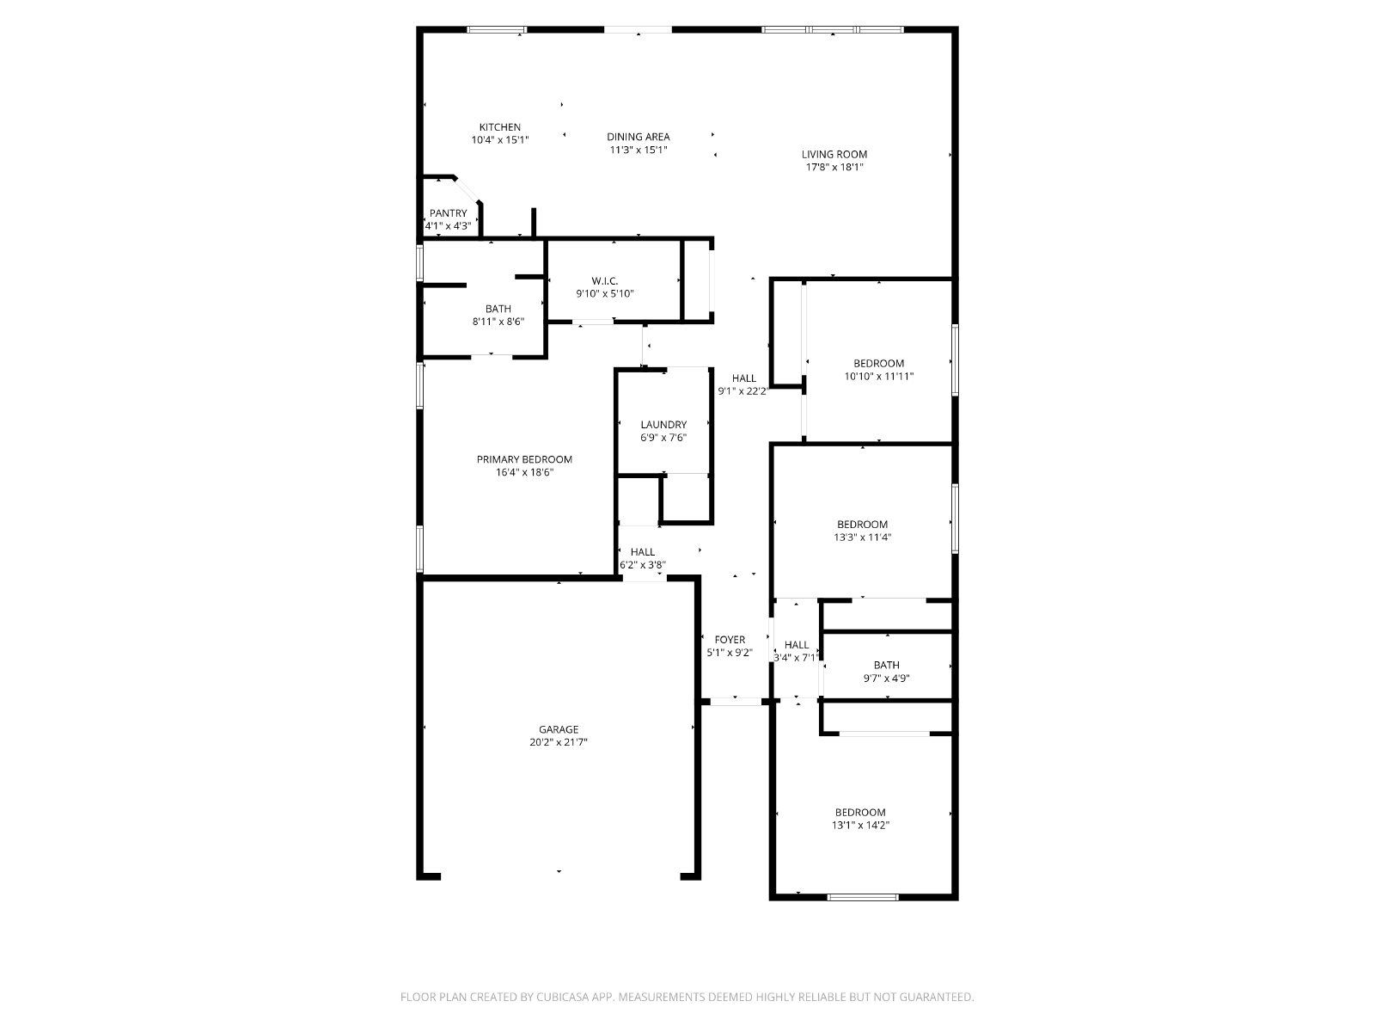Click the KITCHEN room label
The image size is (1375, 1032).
click(500, 127)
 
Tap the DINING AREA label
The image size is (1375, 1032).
click(639, 137)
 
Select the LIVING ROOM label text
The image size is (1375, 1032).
click(834, 154)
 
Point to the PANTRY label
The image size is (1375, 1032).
click(449, 213)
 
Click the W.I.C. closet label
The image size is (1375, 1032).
click(605, 280)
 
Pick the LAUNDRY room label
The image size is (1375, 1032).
click(664, 425)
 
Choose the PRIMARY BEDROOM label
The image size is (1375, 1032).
click(524, 459)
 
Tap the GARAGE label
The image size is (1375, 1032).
click(559, 729)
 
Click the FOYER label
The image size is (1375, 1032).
click(730, 640)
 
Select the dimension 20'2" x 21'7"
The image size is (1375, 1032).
click(559, 742)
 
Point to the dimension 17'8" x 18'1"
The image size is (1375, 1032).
click(834, 168)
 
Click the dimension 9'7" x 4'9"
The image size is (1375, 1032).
click(886, 678)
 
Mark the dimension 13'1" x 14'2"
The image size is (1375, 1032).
click(861, 826)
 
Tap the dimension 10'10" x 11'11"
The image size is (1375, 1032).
click(879, 377)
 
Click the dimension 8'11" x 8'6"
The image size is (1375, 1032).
click(498, 322)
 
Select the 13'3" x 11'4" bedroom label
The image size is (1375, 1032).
click(863, 537)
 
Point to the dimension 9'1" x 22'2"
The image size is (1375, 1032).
click(743, 391)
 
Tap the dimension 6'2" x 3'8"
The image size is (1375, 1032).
click(643, 565)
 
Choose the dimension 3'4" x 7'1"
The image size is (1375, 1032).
click(796, 658)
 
